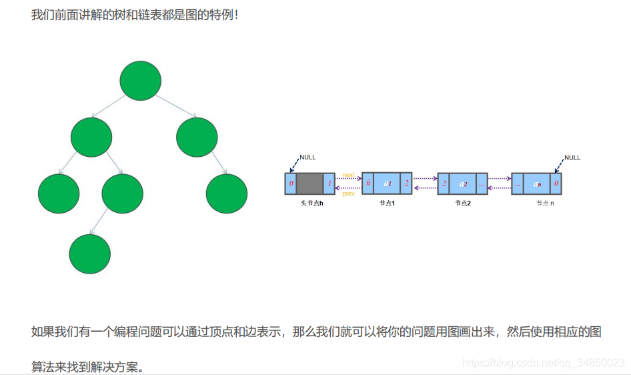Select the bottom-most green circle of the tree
click(89, 254)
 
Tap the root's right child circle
click(197, 137)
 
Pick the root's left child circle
click(91, 137)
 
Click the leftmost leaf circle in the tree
click(58, 194)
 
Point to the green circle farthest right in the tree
click(227, 194)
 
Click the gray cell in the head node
click(309, 183)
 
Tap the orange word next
click(348, 175)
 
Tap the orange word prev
click(348, 194)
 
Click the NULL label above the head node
click(307, 157)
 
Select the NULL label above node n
click(572, 158)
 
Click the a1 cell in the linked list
click(387, 183)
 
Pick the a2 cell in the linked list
click(463, 183)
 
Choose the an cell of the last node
click(537, 183)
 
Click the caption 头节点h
click(311, 203)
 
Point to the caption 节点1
click(387, 203)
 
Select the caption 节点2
click(463, 203)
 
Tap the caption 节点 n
click(545, 203)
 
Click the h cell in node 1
click(368, 183)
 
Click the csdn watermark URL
click(543, 362)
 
